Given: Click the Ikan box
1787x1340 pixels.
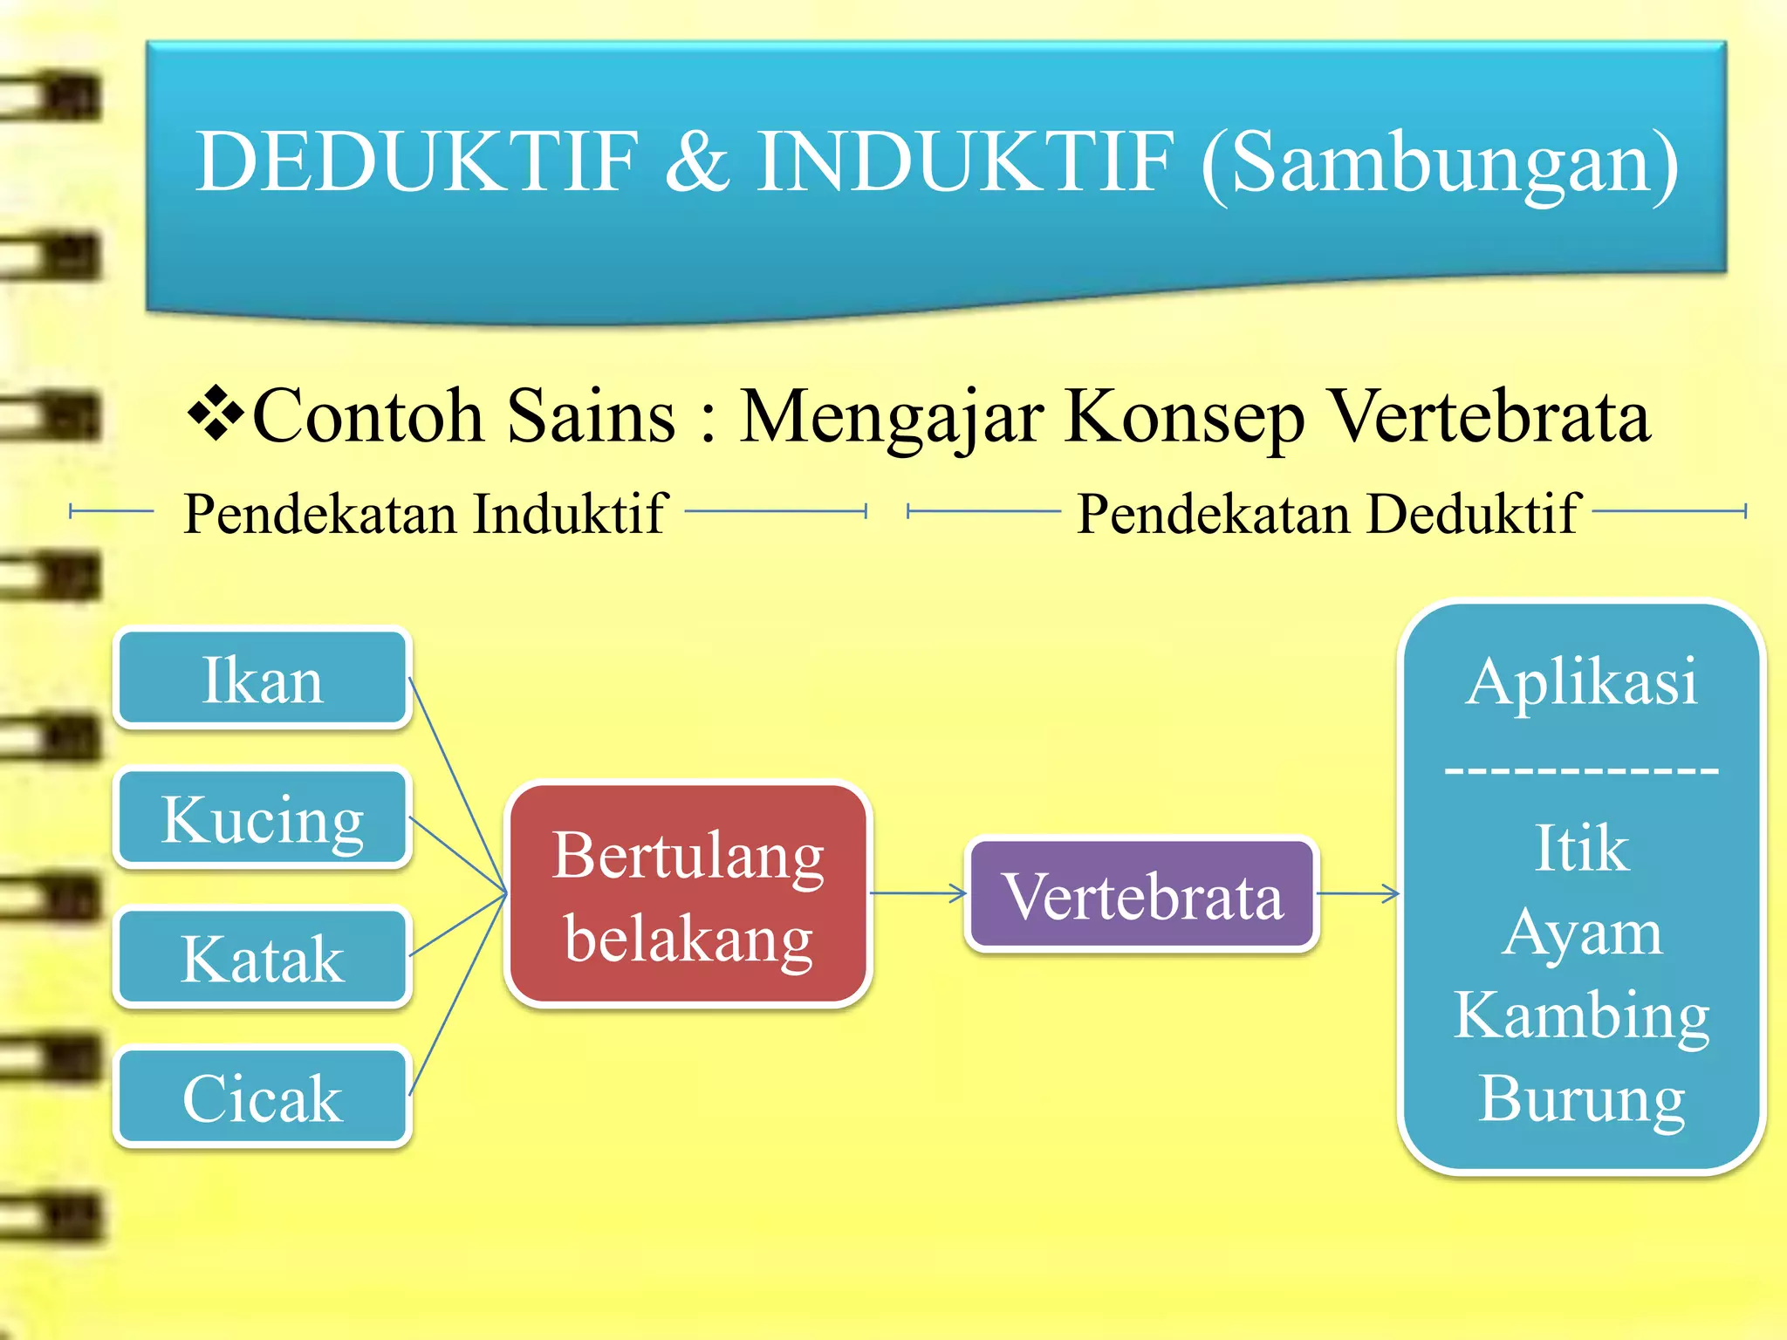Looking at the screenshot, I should pos(262,680).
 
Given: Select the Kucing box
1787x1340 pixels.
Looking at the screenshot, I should pos(262,819).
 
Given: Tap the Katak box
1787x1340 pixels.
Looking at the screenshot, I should pos(262,959).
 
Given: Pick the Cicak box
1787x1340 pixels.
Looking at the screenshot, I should pos(262,1097).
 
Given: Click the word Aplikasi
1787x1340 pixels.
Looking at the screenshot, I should pos(1581,681).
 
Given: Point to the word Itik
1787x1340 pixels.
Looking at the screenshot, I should pos(1581,848).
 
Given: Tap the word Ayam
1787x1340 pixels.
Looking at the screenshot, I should pos(1581,932).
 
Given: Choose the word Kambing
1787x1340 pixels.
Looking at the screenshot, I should pos(1581,1015).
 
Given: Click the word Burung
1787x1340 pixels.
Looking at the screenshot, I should pos(1581,1098).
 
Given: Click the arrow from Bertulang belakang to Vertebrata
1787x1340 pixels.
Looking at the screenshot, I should pos(918,892).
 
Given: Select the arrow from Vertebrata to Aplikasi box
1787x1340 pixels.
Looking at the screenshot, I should pos(1358,892).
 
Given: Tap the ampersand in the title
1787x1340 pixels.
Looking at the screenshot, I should pos(696,161).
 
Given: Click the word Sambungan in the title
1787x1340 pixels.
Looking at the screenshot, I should pos(1440,163).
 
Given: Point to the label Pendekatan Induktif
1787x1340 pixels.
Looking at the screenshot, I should pos(425,514).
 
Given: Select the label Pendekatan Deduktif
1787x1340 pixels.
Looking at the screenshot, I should pos(1328,514).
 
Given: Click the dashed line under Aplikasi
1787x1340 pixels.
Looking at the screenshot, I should pos(1581,770).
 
